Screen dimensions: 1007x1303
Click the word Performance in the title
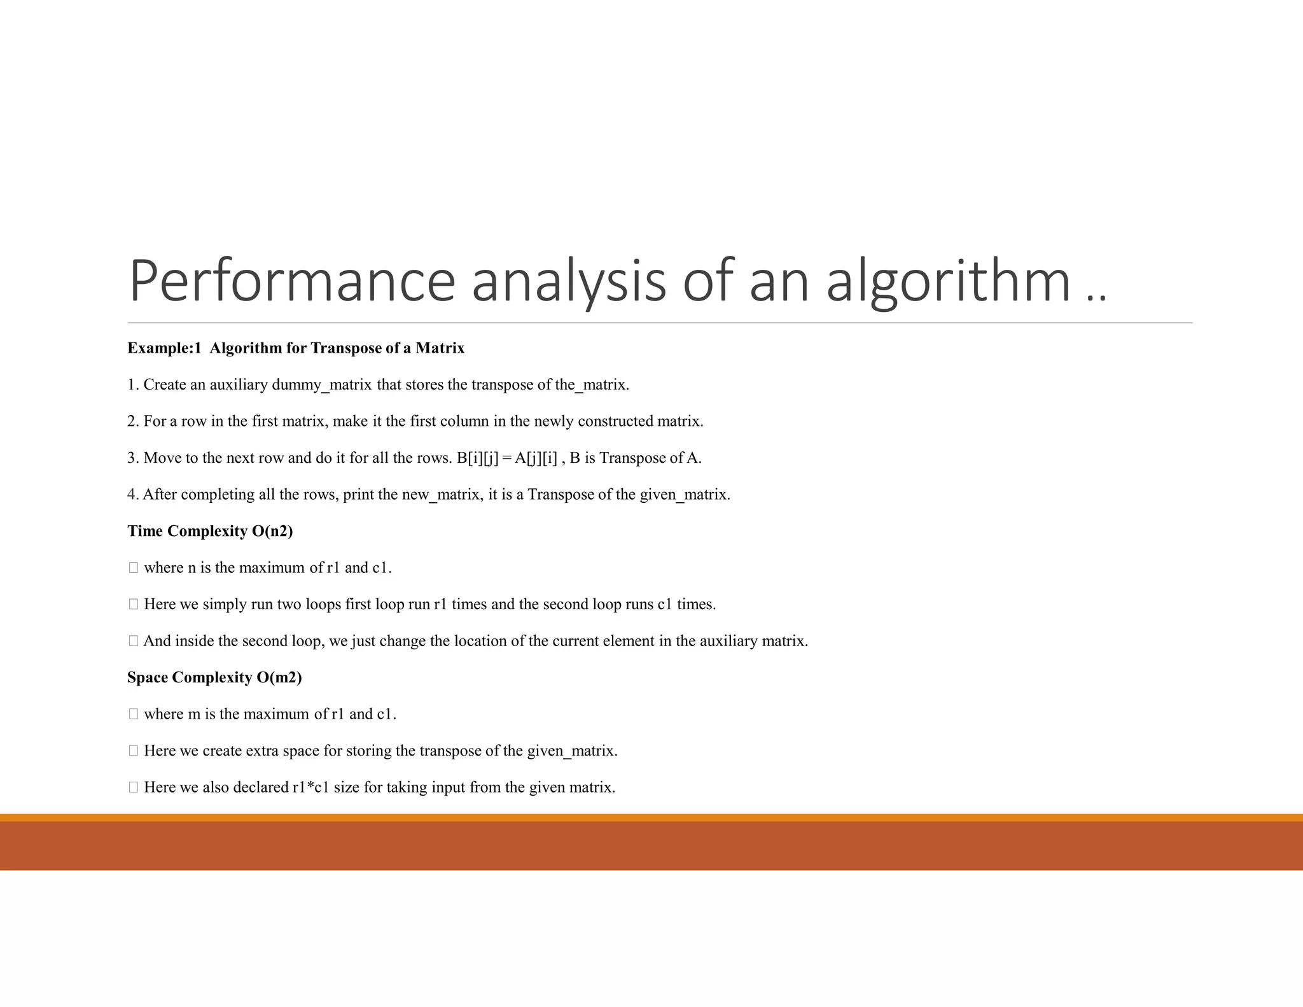[x=291, y=281]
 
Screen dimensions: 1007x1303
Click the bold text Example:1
[x=164, y=348]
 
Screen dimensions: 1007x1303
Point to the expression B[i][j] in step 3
[x=477, y=458]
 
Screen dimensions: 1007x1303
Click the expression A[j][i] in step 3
[x=536, y=458]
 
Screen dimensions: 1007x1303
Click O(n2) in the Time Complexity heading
[x=272, y=531]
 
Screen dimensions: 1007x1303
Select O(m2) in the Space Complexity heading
[x=279, y=677]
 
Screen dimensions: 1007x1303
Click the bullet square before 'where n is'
[x=133, y=568]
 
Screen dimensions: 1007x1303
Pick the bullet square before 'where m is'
[x=133, y=714]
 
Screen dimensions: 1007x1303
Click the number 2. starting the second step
[x=133, y=421]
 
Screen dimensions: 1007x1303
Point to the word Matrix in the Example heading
[x=440, y=348]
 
